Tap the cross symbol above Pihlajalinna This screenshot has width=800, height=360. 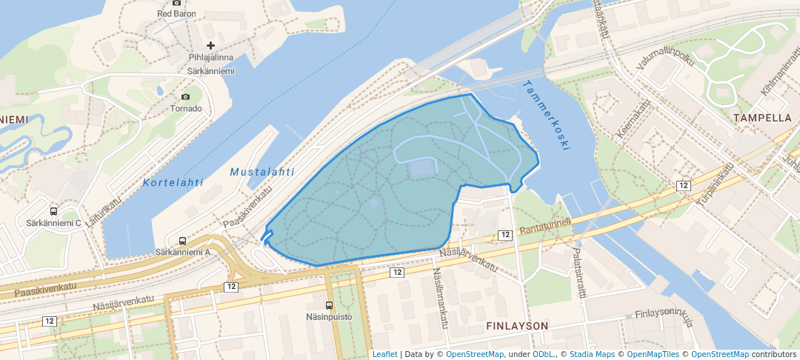coord(210,46)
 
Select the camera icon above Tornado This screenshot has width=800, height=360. coord(185,96)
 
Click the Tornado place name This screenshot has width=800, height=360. coord(185,108)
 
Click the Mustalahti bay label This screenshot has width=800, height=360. coord(258,172)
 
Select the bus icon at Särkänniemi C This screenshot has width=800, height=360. coord(54,211)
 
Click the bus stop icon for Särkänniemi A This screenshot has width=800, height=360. coord(182,241)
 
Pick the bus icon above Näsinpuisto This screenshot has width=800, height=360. coord(329,305)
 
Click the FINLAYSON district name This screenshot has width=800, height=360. coord(517,326)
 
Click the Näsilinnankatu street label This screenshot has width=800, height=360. coord(440,296)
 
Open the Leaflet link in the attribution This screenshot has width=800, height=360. coord(384,354)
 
